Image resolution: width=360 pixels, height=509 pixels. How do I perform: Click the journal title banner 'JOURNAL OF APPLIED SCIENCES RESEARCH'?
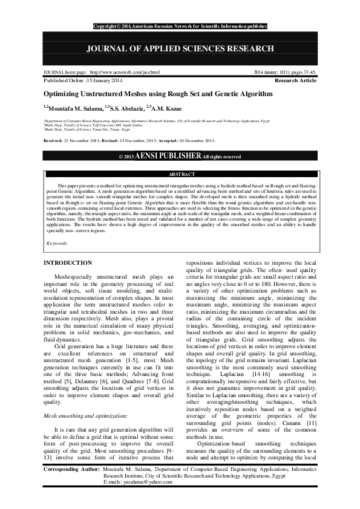180,48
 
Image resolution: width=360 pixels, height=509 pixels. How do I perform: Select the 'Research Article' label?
295,80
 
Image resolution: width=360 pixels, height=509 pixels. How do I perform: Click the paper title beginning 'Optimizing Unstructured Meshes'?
157,94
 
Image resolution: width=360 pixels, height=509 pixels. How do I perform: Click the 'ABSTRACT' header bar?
180,173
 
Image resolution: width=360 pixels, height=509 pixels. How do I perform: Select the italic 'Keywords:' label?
57,243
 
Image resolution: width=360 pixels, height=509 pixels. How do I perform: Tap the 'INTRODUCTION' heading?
68,263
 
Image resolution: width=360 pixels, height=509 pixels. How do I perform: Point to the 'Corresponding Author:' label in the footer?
73,485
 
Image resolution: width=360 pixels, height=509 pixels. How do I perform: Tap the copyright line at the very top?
180,27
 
